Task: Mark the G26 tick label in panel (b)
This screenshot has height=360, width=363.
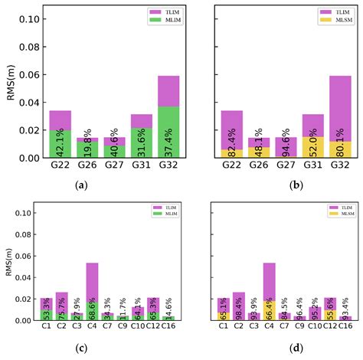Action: [260, 165]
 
